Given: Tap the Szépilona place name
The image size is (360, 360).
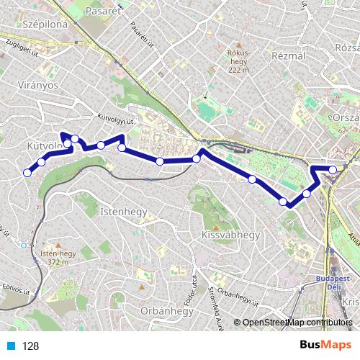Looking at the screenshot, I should tap(45, 24).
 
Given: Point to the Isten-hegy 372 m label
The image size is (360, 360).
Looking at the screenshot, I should tap(58, 258).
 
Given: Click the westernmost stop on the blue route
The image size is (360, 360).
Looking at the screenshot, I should tap(28, 172).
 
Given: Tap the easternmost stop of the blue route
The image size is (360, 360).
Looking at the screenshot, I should tap(333, 170).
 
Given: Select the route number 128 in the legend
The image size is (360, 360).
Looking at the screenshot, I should tap(30, 346).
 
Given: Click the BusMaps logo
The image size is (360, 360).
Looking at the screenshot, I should tap(320, 345).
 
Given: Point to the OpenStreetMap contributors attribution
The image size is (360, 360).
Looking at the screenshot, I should tap(297, 323).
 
